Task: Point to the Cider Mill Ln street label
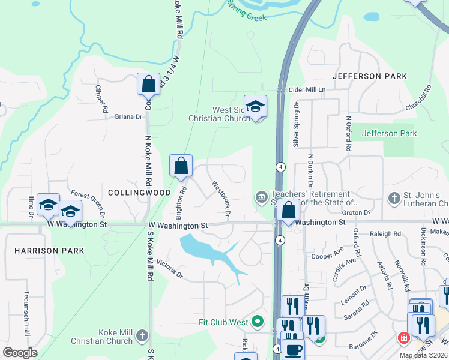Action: (x=307, y=89)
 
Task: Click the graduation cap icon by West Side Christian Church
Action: (x=255, y=107)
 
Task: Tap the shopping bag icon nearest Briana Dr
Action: (x=148, y=84)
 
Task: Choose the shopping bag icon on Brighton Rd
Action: (x=181, y=166)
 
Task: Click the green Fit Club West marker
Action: (x=258, y=322)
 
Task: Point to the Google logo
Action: (x=20, y=353)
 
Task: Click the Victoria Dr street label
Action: (x=169, y=268)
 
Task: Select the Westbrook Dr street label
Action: (x=220, y=196)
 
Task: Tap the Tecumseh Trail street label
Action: (x=26, y=311)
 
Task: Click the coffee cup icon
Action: (x=293, y=350)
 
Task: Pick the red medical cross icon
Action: (x=403, y=338)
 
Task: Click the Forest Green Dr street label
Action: (x=88, y=202)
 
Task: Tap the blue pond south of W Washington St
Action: (x=201, y=247)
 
